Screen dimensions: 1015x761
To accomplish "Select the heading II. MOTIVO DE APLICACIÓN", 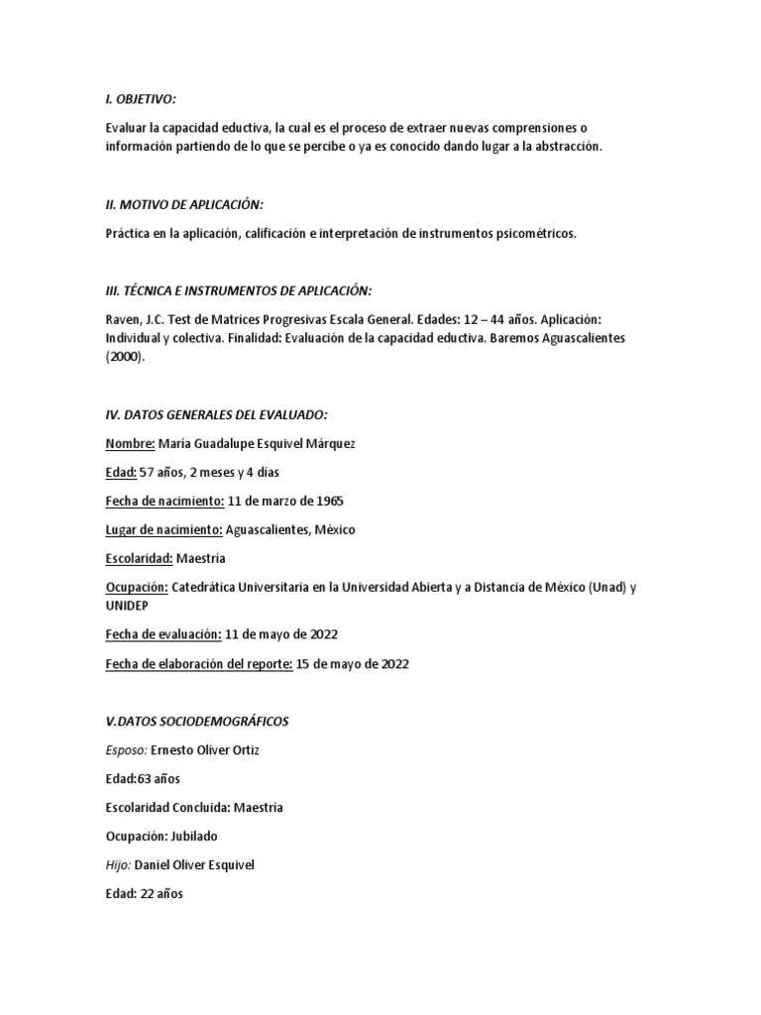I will (183, 204).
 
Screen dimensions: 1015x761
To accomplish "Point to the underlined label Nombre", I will (129, 443).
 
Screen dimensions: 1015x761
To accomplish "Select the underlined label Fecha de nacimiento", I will (163, 501).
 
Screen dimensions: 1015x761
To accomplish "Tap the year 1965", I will (327, 501).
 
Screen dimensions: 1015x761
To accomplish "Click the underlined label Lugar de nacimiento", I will (163, 529).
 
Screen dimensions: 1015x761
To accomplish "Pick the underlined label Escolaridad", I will (139, 558).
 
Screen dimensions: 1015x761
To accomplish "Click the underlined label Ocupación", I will (136, 587).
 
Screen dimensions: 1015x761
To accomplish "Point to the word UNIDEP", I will (128, 605).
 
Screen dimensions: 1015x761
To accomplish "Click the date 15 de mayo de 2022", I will (353, 664).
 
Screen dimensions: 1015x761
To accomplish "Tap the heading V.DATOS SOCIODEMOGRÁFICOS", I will (196, 721).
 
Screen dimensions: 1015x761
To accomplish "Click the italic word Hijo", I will (117, 864).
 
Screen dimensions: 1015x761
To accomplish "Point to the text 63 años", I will (159, 778).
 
